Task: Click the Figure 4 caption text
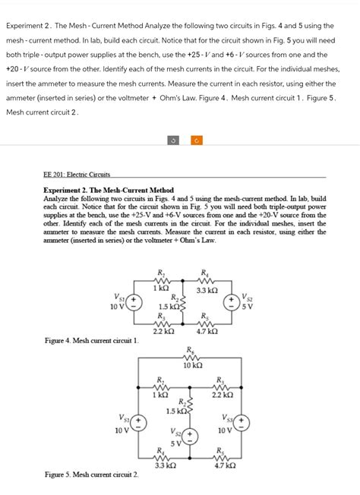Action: (x=91, y=341)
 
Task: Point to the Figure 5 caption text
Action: (x=91, y=475)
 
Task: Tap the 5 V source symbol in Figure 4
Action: (x=228, y=303)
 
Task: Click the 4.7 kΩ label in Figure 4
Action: (x=207, y=331)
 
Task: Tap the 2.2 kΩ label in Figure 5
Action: (x=222, y=395)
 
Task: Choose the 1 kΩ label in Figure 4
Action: (x=160, y=288)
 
